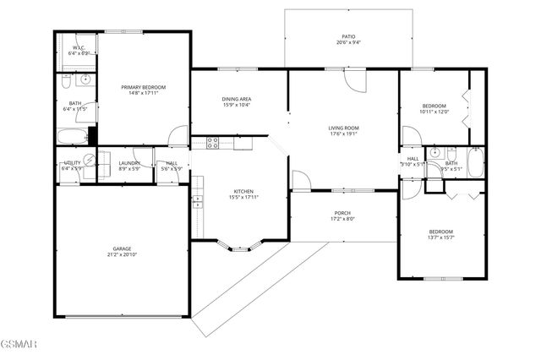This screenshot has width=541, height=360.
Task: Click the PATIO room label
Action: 348,37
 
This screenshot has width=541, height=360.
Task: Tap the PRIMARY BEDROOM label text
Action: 143,87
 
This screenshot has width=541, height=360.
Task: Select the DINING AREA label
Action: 237,99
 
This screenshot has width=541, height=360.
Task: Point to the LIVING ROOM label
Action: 344,128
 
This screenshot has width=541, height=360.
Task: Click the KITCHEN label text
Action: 243,191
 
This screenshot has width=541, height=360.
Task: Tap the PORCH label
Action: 342,213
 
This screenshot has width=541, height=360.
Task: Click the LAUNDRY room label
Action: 129,163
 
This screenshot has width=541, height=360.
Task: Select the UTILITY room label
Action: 71,163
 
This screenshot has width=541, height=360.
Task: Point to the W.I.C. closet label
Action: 79,48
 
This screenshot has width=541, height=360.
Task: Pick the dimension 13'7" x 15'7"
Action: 440,237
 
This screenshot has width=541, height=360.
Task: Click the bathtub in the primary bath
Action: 73,137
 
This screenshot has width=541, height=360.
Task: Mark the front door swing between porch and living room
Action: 301,180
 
